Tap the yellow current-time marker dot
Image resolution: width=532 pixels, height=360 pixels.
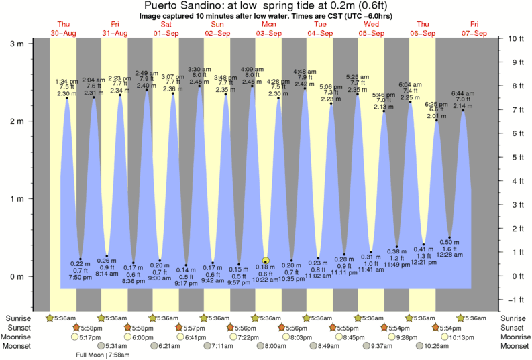266,261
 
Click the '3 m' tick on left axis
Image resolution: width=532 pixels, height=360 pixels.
17,43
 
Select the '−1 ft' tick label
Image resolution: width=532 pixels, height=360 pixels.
515,300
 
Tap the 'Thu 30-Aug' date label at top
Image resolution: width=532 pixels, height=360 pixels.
63,28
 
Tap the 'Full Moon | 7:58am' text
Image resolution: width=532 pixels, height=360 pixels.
103,354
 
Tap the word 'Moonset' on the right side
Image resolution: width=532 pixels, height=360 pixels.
513,346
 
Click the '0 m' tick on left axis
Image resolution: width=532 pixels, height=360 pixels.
17,276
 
